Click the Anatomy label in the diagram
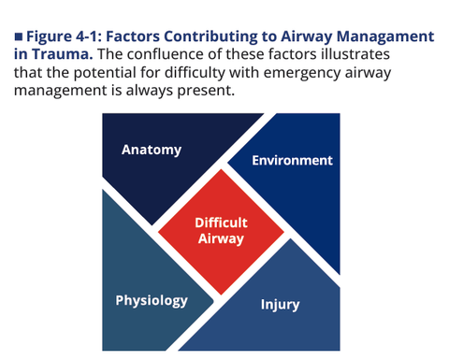point(152,151)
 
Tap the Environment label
point(292,161)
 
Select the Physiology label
point(152,301)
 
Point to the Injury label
point(280,305)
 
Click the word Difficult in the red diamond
point(221,223)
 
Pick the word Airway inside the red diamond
point(221,239)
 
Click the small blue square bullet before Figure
point(19,36)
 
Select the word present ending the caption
point(206,91)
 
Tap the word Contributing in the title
point(210,36)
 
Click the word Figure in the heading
point(49,36)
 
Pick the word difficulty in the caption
point(195,73)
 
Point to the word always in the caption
point(150,91)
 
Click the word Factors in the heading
point(133,36)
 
